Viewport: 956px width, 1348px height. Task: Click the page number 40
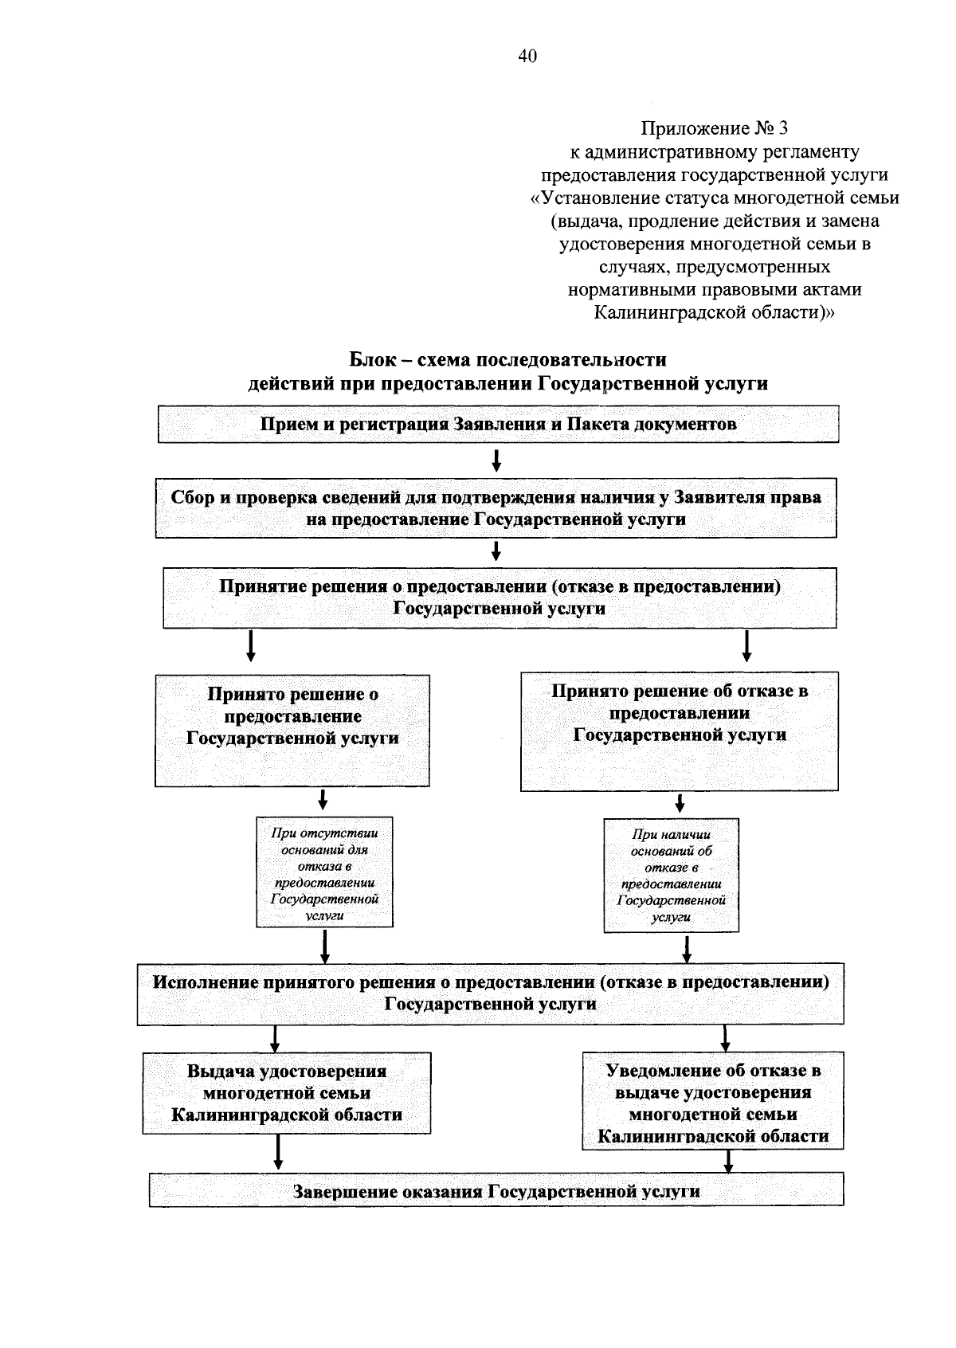(527, 56)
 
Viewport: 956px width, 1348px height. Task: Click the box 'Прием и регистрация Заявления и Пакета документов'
(498, 425)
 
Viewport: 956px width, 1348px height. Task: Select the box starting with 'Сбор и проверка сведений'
(496, 508)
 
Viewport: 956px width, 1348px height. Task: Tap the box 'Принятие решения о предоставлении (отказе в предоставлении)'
(500, 598)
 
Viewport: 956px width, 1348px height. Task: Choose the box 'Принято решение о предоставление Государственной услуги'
(292, 731)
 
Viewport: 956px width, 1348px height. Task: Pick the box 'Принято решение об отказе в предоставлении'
(680, 731)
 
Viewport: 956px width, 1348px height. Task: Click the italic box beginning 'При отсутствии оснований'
(325, 872)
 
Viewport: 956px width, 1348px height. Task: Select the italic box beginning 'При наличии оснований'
(672, 875)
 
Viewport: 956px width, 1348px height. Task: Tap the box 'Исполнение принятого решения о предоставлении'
(490, 993)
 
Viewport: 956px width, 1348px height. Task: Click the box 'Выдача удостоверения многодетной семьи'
(287, 1093)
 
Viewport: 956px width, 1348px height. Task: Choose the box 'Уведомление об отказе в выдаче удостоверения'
(713, 1101)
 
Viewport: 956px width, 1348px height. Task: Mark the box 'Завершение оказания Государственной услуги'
(496, 1189)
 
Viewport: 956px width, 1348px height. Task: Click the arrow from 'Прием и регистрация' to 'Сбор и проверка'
(496, 460)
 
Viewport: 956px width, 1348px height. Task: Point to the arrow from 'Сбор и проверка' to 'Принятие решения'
(496, 551)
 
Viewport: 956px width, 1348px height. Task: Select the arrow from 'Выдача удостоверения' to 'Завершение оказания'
(278, 1152)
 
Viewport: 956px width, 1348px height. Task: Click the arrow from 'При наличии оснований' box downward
(687, 949)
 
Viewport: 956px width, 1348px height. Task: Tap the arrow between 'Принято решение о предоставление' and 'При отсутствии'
(323, 800)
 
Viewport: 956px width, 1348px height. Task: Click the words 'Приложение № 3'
(714, 128)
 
